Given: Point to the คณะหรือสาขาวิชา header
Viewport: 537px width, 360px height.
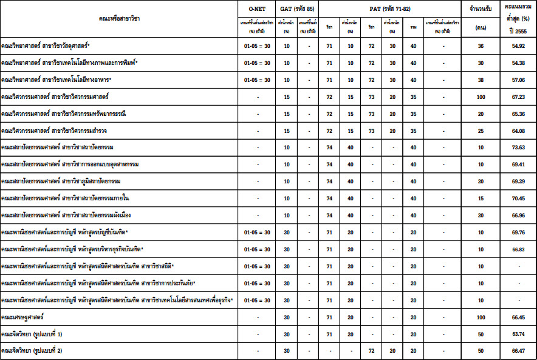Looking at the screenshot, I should tap(119, 19).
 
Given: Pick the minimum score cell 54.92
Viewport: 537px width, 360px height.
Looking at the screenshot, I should tap(518, 46).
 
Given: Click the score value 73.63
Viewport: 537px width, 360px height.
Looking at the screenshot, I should tap(518, 148).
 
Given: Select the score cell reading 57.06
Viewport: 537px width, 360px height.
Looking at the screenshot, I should tap(518, 80).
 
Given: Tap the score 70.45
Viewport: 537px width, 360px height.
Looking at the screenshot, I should tap(518, 199).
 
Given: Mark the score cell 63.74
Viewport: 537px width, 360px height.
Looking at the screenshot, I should tap(518, 334).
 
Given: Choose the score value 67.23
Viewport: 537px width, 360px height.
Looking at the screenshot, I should tap(518, 97).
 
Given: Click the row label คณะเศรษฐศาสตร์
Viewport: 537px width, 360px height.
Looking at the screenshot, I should tap(22, 318).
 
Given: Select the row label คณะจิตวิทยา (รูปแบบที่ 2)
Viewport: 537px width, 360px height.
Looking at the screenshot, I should tap(32, 351).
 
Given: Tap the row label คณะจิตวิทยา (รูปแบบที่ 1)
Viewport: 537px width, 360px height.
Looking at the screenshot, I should tap(32, 334).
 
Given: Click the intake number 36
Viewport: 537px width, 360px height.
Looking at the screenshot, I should tap(481, 46).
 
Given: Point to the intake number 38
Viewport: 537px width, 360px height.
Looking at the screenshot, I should tap(481, 80).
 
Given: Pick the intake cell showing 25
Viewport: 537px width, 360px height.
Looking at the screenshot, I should tap(481, 131).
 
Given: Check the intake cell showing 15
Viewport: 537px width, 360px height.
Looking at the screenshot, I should tap(481, 199).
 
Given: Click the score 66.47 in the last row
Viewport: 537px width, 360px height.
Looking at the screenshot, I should tap(518, 351).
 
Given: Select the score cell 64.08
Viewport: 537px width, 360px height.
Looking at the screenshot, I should tap(518, 131).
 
